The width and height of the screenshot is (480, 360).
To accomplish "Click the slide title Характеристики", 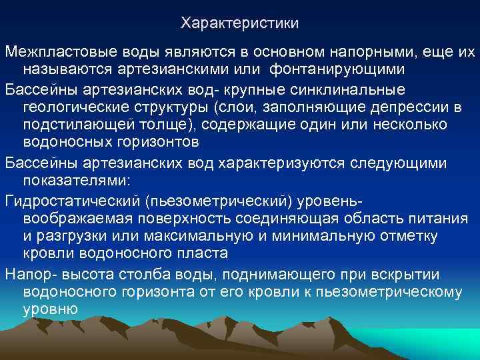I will (x=240, y=23).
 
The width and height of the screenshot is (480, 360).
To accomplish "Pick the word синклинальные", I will (x=358, y=90).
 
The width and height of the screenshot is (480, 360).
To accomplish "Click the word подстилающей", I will (x=73, y=125).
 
